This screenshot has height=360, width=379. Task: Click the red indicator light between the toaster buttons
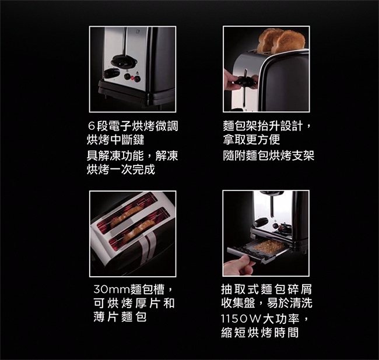click(x=132, y=78)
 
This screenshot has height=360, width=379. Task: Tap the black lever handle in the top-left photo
click(x=125, y=60)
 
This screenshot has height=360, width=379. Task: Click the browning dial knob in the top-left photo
click(x=112, y=73)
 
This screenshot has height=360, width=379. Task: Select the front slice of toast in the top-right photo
click(x=287, y=42)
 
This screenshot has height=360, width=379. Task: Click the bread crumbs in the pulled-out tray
click(x=269, y=246)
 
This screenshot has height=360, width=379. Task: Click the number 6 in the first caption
click(x=91, y=126)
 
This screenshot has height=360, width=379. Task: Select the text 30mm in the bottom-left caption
click(x=112, y=290)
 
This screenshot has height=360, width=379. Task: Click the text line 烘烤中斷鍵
click(x=115, y=140)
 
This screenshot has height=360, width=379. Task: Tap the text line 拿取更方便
click(x=251, y=139)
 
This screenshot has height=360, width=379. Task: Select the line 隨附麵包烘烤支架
click(x=269, y=156)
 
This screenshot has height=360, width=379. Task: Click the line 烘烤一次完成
click(x=121, y=169)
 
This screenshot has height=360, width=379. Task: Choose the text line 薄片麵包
click(x=120, y=317)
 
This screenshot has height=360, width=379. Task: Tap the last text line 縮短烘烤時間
click(x=260, y=333)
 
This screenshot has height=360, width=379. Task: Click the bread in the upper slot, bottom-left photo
click(x=124, y=216)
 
